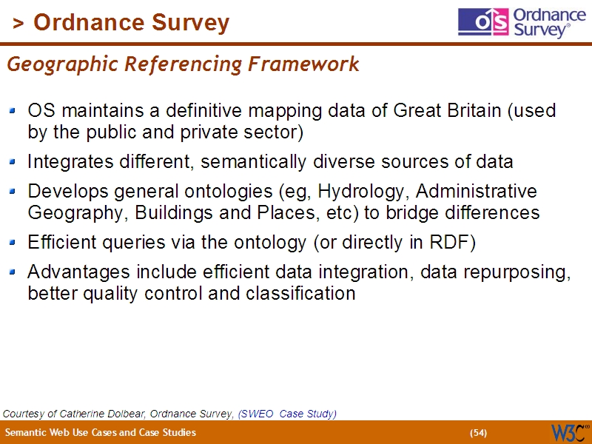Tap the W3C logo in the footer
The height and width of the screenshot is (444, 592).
coord(569,432)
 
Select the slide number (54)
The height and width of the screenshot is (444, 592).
coord(479,433)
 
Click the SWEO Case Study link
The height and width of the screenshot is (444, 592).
coord(287,413)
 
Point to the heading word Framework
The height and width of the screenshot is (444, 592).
coord(303,64)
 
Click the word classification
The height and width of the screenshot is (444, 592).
coord(300,293)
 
